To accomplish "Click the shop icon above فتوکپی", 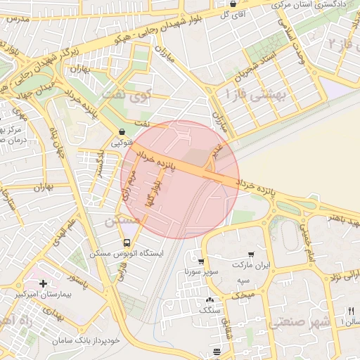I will (123, 131).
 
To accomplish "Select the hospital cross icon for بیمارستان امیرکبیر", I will (44, 284).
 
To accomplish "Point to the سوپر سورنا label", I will (202, 271).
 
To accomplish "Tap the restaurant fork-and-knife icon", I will (354, 311).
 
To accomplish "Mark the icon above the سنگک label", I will (210, 300).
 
